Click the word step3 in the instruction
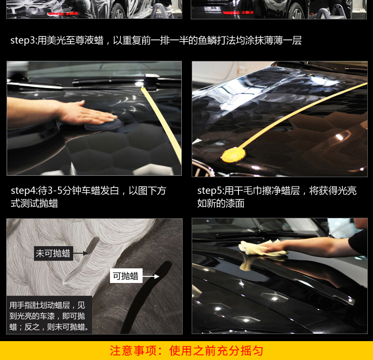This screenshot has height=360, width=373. pos(23,40)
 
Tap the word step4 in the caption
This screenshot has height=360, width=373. pos(23,191)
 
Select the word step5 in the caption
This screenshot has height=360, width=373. pos(210,191)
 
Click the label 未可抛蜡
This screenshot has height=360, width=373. pos(53,253)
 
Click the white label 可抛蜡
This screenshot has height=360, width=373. pos(126,276)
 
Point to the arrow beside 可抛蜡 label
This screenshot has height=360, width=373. pos(151,276)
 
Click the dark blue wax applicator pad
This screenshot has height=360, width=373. pos(103,125)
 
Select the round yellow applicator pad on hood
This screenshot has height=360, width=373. pos(233,155)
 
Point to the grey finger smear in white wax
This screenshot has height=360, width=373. pos(81,261)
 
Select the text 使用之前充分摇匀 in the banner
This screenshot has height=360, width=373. pos(216,351)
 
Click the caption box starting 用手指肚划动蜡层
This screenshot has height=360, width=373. pos(49,315)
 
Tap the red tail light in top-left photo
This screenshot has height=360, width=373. pos(62,14)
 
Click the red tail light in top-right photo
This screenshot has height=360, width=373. pos(237,12)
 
